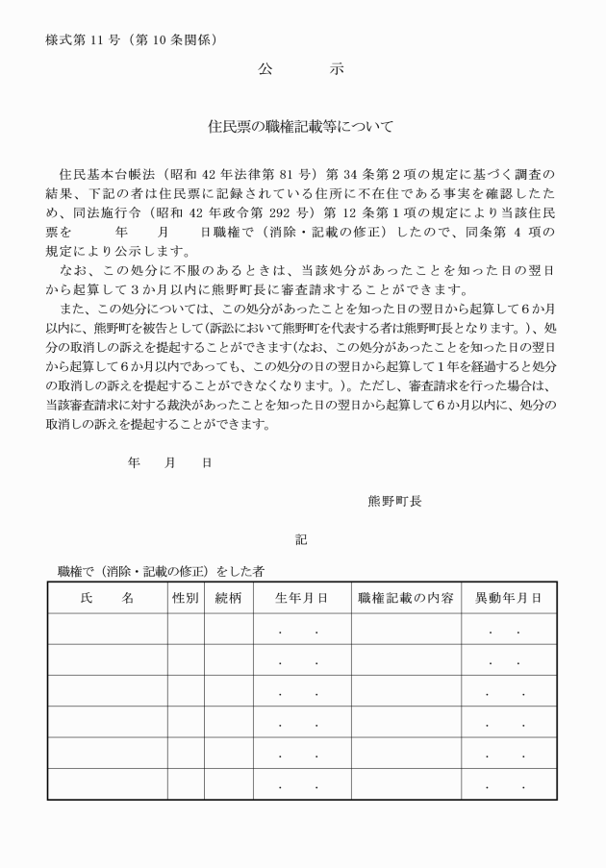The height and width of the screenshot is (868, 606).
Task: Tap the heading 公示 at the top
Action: [301, 70]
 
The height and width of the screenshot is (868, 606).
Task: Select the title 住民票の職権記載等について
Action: [301, 126]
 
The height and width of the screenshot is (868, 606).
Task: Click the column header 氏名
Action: [107, 598]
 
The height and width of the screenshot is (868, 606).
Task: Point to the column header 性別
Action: [185, 598]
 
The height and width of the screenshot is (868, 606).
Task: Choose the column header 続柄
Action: [228, 598]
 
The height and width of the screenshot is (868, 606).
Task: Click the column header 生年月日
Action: [302, 598]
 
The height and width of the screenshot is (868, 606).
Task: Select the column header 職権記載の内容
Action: [406, 598]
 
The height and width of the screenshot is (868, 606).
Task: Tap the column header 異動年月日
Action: [508, 598]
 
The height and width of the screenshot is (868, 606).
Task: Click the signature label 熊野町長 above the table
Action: [393, 500]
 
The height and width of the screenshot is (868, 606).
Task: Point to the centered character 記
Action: [301, 540]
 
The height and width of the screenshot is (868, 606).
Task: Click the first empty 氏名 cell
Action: [107, 629]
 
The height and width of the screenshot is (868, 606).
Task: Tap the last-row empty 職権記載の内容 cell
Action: [406, 783]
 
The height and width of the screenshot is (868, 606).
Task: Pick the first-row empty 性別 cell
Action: [185, 629]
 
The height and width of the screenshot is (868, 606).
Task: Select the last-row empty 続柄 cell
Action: [228, 783]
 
